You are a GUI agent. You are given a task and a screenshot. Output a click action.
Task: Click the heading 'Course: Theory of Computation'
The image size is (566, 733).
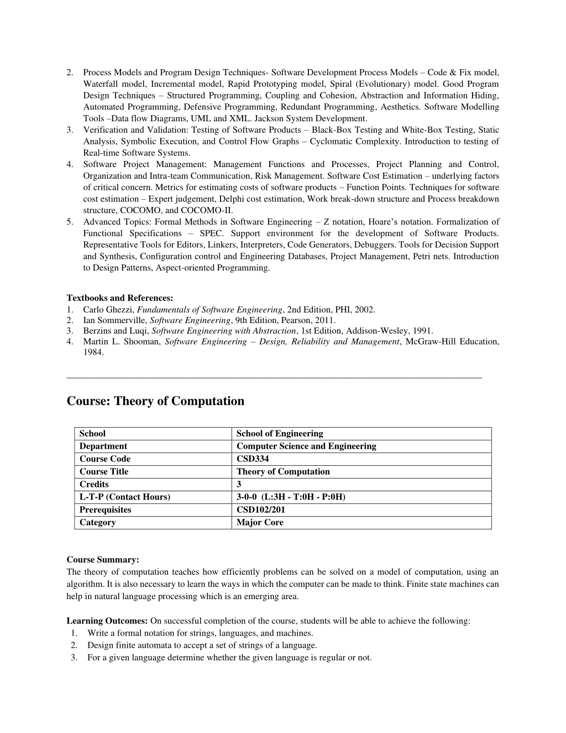click(155, 401)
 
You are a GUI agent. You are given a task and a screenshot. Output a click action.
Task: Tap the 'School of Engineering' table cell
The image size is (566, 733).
click(280, 434)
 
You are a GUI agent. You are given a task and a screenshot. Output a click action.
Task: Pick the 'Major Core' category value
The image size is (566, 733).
click(260, 523)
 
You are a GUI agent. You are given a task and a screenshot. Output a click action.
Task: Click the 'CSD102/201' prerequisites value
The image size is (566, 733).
click(261, 510)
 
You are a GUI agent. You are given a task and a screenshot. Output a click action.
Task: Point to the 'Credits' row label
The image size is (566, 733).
click(94, 485)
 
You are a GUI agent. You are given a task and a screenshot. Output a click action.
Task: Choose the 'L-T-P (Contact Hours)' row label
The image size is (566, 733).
click(124, 497)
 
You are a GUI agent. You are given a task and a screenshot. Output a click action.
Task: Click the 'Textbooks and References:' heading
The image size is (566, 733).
click(120, 298)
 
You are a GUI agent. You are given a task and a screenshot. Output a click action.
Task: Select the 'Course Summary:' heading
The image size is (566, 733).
click(103, 560)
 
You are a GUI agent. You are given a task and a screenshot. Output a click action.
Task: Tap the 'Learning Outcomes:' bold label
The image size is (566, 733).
click(107, 621)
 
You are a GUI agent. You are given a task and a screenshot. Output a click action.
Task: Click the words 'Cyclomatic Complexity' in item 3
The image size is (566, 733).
click(355, 142)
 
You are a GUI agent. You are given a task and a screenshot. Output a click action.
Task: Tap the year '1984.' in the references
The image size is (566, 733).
click(93, 352)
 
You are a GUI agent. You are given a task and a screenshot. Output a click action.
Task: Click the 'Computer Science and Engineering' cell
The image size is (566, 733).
click(306, 446)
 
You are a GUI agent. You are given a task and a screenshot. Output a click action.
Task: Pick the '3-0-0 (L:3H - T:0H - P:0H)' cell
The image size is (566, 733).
click(291, 497)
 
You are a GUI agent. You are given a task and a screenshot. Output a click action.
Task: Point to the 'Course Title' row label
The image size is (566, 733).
click(104, 472)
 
